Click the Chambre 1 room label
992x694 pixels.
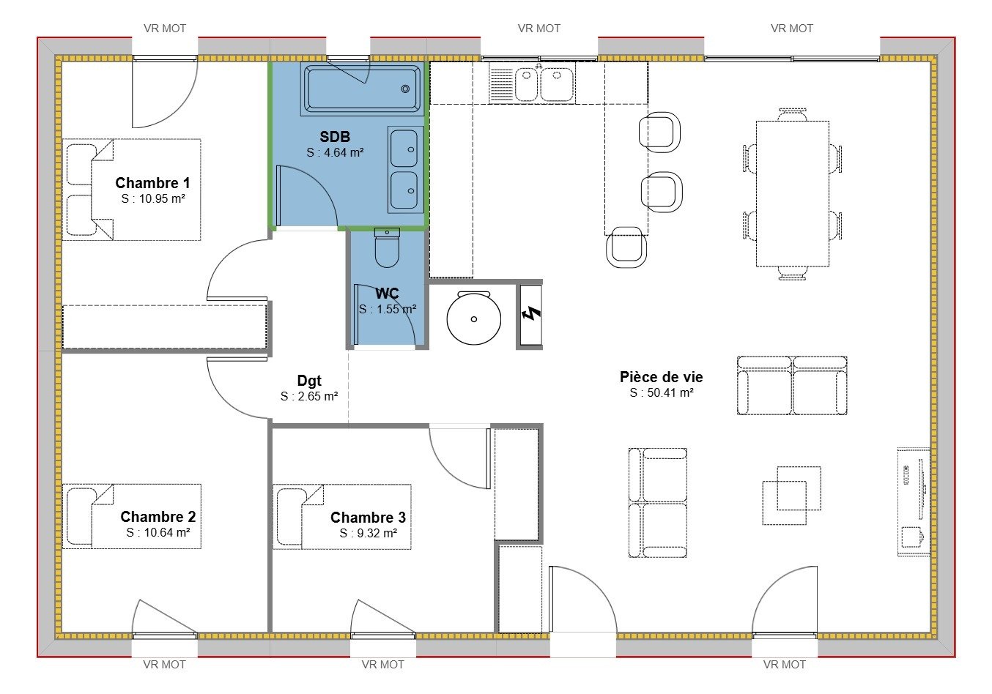[152, 183]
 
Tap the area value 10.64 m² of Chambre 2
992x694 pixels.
[158, 533]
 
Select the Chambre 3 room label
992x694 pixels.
[368, 518]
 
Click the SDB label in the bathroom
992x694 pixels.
[335, 137]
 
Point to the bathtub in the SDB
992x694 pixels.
[362, 89]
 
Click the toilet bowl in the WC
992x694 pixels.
[387, 250]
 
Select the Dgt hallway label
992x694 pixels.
[309, 381]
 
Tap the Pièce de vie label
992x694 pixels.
[661, 377]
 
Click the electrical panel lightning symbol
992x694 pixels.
[531, 314]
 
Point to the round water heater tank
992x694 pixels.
[474, 318]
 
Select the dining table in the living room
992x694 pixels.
[792, 193]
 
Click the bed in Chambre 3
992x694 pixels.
[341, 516]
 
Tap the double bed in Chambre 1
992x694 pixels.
[132, 190]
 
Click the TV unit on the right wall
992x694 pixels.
[914, 502]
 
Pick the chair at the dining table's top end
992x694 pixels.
[792, 114]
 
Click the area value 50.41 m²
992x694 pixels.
[661, 393]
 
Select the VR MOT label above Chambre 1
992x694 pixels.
[164, 29]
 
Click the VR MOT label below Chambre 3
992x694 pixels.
[382, 665]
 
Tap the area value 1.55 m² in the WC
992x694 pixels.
[388, 310]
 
